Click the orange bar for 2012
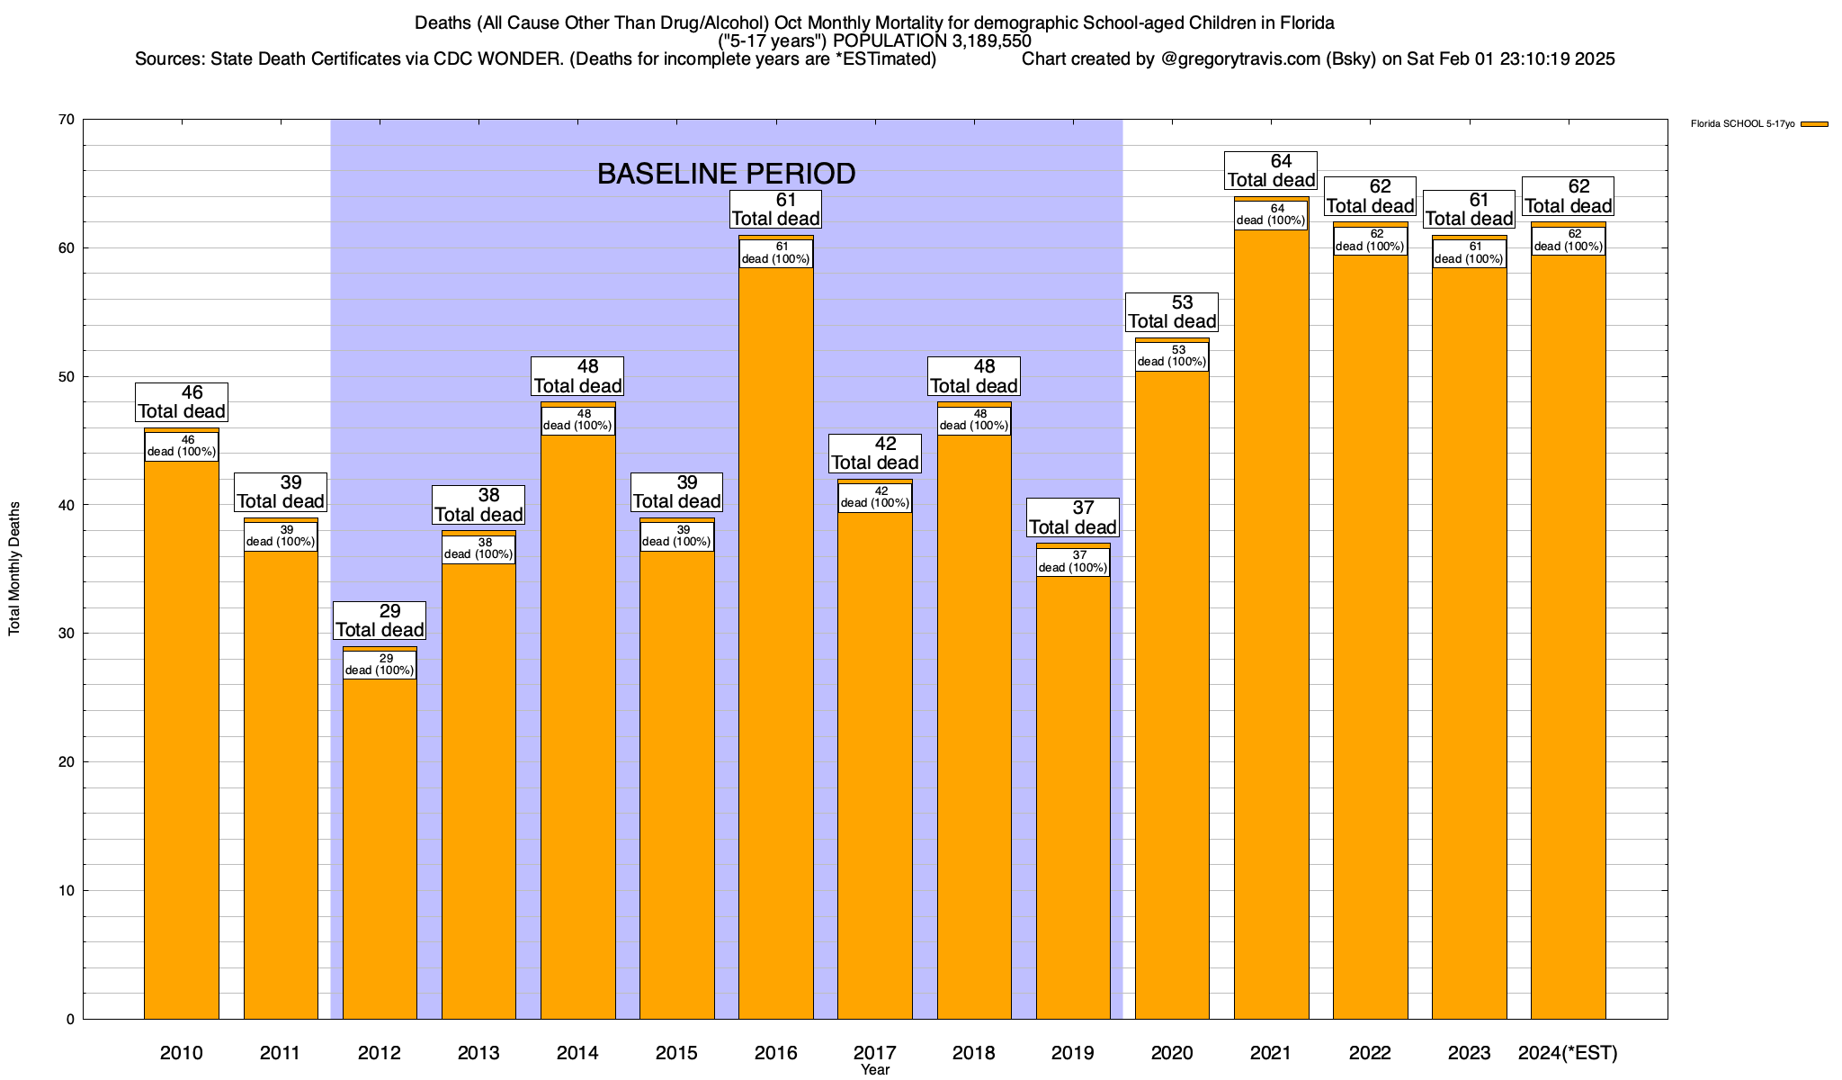[x=380, y=846]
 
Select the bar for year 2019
[x=1073, y=792]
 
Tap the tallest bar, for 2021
[x=1271, y=630]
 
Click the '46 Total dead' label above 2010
[x=182, y=402]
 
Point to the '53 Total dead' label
[x=1172, y=312]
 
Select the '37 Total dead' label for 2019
[x=1073, y=518]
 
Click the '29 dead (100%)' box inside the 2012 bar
[x=380, y=665]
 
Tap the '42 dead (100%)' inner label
[x=875, y=498]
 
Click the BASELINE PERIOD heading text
[x=726, y=174]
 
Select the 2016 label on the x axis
[x=776, y=1053]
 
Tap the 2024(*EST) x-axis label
[x=1568, y=1053]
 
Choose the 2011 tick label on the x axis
[x=281, y=1053]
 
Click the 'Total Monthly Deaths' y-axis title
[x=14, y=569]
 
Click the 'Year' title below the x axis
[x=875, y=1070]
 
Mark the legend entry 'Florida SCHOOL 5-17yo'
[x=1742, y=124]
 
